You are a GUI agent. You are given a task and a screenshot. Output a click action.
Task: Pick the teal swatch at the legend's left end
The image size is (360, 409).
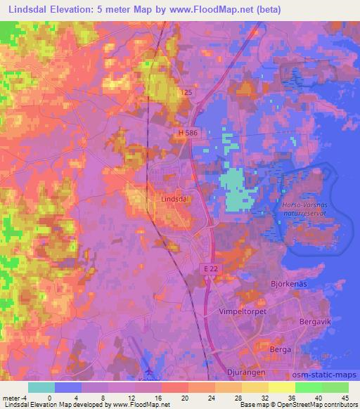click(x=41, y=387)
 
